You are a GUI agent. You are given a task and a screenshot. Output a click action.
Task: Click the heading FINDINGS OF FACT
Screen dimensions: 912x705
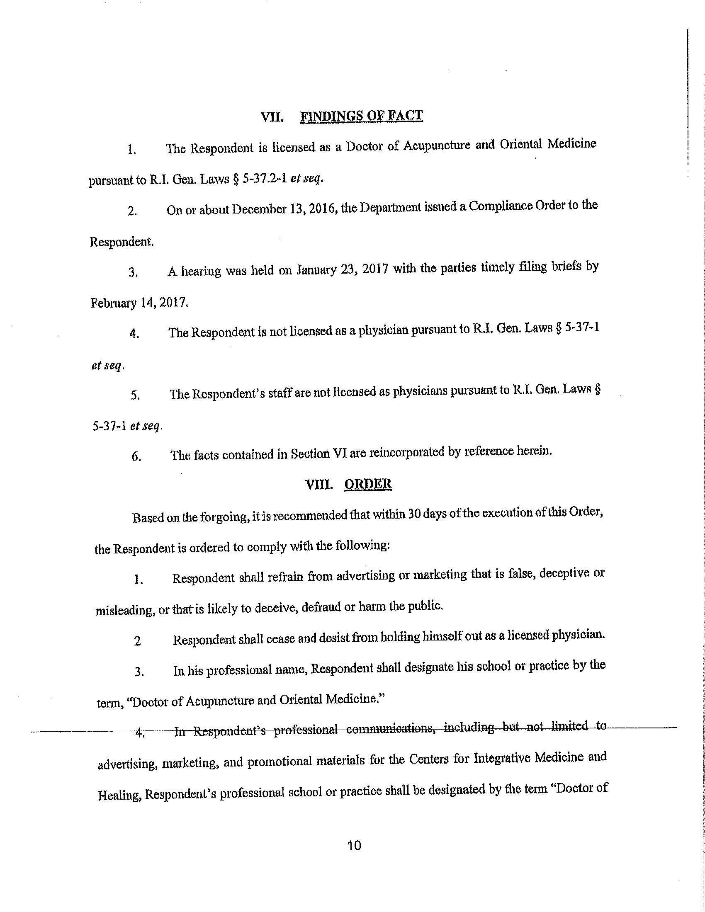[361, 116]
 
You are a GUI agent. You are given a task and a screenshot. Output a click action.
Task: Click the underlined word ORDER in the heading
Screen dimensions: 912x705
[367, 484]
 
